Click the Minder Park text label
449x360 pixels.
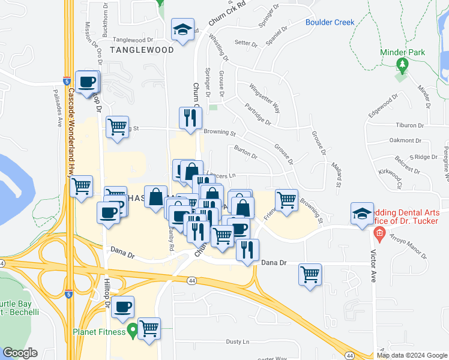point(403,52)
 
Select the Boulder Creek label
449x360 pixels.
point(330,23)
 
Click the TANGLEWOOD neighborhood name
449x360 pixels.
point(142,50)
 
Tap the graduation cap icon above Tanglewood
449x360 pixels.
point(182,30)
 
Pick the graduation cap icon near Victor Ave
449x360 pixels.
point(362,214)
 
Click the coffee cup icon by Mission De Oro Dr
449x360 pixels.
point(88,82)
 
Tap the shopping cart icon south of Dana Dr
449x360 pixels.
point(310,275)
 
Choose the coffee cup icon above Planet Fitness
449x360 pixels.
point(123,307)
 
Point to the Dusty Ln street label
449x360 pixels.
point(237,341)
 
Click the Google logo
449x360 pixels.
point(20,352)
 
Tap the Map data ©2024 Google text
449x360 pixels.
point(412,355)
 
